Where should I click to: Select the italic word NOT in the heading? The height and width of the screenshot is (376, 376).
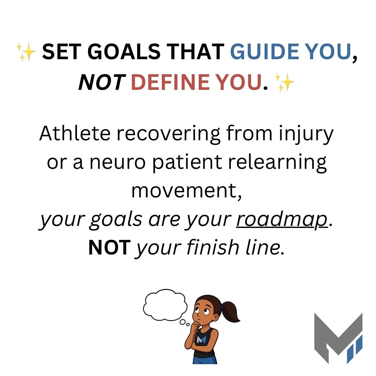(x=101, y=83)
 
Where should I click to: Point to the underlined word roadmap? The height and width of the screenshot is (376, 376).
(x=282, y=220)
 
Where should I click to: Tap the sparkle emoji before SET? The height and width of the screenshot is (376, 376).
(x=26, y=53)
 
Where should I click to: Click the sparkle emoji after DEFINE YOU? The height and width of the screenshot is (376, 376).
(x=284, y=83)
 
